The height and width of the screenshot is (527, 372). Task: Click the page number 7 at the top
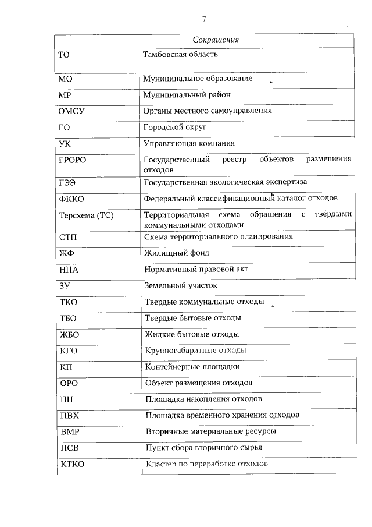click(x=204, y=19)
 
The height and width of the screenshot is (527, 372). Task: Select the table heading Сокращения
click(x=216, y=41)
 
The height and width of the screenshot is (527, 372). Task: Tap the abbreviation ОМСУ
click(x=73, y=111)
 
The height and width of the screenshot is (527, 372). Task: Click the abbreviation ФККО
click(x=72, y=199)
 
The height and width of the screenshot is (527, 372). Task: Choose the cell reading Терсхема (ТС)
click(x=86, y=215)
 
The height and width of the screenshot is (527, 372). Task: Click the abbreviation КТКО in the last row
click(x=73, y=464)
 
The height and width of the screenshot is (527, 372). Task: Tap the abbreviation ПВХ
click(x=70, y=415)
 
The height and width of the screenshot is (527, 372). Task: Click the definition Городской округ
click(x=175, y=126)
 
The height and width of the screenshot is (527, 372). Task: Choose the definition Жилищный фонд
click(x=176, y=253)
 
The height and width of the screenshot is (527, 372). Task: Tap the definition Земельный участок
click(x=180, y=286)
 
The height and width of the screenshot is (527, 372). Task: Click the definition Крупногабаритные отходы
click(x=196, y=351)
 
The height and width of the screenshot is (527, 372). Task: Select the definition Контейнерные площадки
click(x=192, y=367)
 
